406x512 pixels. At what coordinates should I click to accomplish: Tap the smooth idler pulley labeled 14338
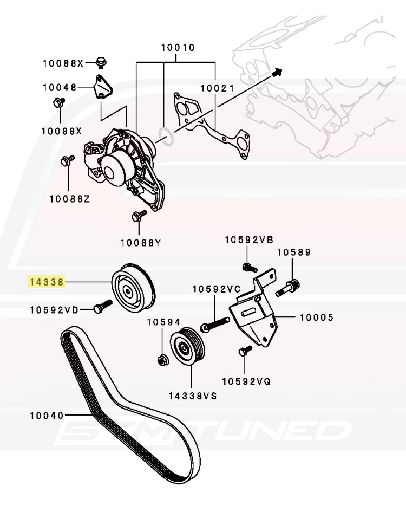(133, 287)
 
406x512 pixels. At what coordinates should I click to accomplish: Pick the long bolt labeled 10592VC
(214, 326)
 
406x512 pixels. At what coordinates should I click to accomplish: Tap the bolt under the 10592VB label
(247, 267)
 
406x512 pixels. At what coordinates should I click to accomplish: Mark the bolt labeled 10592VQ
(243, 352)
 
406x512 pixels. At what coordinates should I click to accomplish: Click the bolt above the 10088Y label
(137, 216)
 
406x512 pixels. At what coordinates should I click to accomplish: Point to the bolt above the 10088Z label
(67, 160)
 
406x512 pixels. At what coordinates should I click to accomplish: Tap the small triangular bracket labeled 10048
(101, 87)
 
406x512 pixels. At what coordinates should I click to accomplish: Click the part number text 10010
(177, 48)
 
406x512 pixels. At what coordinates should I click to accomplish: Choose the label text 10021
(217, 88)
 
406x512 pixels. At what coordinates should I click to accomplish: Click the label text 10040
(47, 416)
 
